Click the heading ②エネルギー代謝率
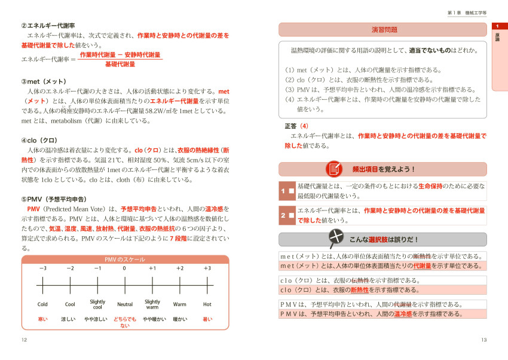[x=48, y=26]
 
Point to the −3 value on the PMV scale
[x=42, y=268]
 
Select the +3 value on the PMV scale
[x=207, y=268]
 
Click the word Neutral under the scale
[x=125, y=304]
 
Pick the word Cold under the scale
[x=42, y=304]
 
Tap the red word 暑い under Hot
[x=207, y=319]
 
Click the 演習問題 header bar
[x=382, y=30]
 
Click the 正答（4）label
[x=297, y=126]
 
